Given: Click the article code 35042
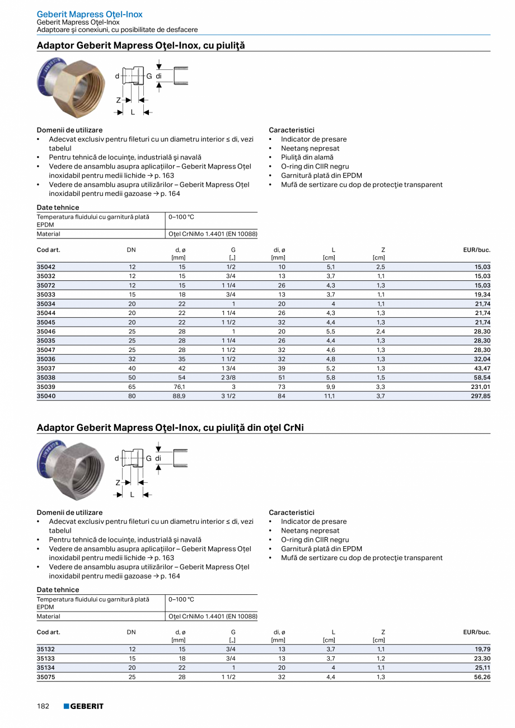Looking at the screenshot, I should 46,267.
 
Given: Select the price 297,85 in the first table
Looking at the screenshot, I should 479,396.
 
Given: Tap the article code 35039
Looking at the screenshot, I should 46,387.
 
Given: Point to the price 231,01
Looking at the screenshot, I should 480,387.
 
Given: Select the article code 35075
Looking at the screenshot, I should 46,677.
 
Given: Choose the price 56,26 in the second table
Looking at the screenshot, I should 481,677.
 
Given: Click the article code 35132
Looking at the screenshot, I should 46,649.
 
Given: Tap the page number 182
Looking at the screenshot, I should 44,706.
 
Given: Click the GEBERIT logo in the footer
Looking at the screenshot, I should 83,706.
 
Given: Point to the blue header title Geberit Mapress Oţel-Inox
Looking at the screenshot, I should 90,14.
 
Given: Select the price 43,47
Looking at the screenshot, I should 481,368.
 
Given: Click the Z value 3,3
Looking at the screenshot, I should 381,387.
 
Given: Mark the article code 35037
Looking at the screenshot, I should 46,368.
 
